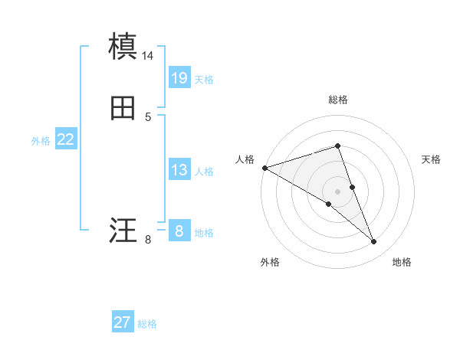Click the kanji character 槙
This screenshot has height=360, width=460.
[123, 47]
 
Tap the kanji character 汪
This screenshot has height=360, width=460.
[123, 230]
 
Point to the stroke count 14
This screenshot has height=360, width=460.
[148, 56]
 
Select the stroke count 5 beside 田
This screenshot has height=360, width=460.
[148, 117]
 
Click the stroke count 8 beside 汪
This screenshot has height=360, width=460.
[148, 240]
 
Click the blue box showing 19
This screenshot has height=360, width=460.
[179, 77]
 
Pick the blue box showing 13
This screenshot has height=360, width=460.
[179, 170]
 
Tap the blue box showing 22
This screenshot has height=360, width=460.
[65, 139]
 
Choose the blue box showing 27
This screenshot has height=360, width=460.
[123, 322]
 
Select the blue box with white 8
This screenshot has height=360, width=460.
[179, 230]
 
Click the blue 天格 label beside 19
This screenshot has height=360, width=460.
[204, 79]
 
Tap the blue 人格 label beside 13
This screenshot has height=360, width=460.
[204, 172]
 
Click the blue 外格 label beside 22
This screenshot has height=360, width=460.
[41, 141]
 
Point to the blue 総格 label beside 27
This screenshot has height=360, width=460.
[147, 324]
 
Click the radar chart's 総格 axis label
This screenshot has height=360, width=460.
[337, 100]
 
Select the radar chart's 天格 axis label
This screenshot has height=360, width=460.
[432, 159]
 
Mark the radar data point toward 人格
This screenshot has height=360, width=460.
[264, 167]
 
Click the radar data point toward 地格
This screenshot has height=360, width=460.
[373, 241]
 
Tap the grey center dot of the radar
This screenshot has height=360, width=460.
[337, 191]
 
